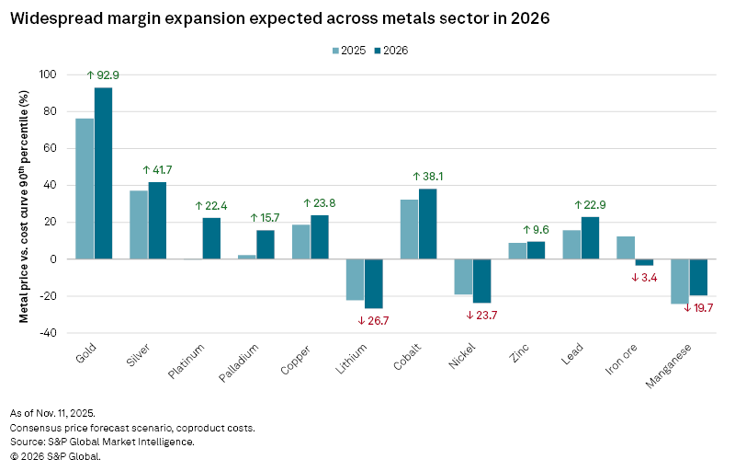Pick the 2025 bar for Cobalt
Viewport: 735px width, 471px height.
(x=409, y=229)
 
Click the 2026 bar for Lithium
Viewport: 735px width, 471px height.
(x=374, y=283)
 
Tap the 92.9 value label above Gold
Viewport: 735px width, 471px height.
(x=105, y=75)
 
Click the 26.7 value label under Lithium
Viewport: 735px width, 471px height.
(x=375, y=320)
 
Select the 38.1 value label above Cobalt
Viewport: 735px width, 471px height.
(x=429, y=176)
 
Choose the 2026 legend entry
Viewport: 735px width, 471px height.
(x=394, y=50)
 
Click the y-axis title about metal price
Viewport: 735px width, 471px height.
(x=25, y=203)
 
